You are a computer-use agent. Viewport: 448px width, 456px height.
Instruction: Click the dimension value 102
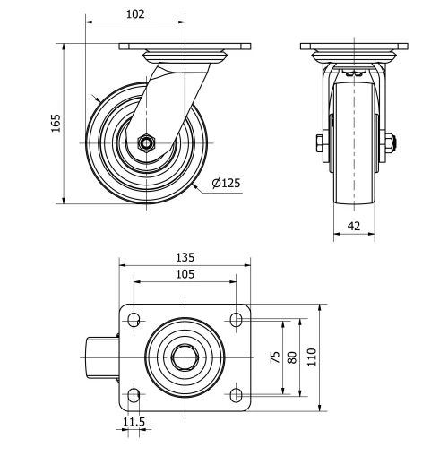(136, 15)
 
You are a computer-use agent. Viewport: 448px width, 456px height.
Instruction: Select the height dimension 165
(56, 123)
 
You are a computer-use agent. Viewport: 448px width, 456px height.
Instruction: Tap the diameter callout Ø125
(226, 183)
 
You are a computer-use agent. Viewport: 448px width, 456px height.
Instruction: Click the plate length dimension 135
(185, 257)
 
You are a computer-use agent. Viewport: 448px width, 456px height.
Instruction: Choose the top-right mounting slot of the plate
(237, 319)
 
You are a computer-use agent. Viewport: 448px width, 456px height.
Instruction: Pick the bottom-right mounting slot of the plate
(237, 394)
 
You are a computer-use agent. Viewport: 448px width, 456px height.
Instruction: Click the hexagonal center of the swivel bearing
(185, 357)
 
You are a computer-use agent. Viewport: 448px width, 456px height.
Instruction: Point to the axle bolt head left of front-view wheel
(320, 142)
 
